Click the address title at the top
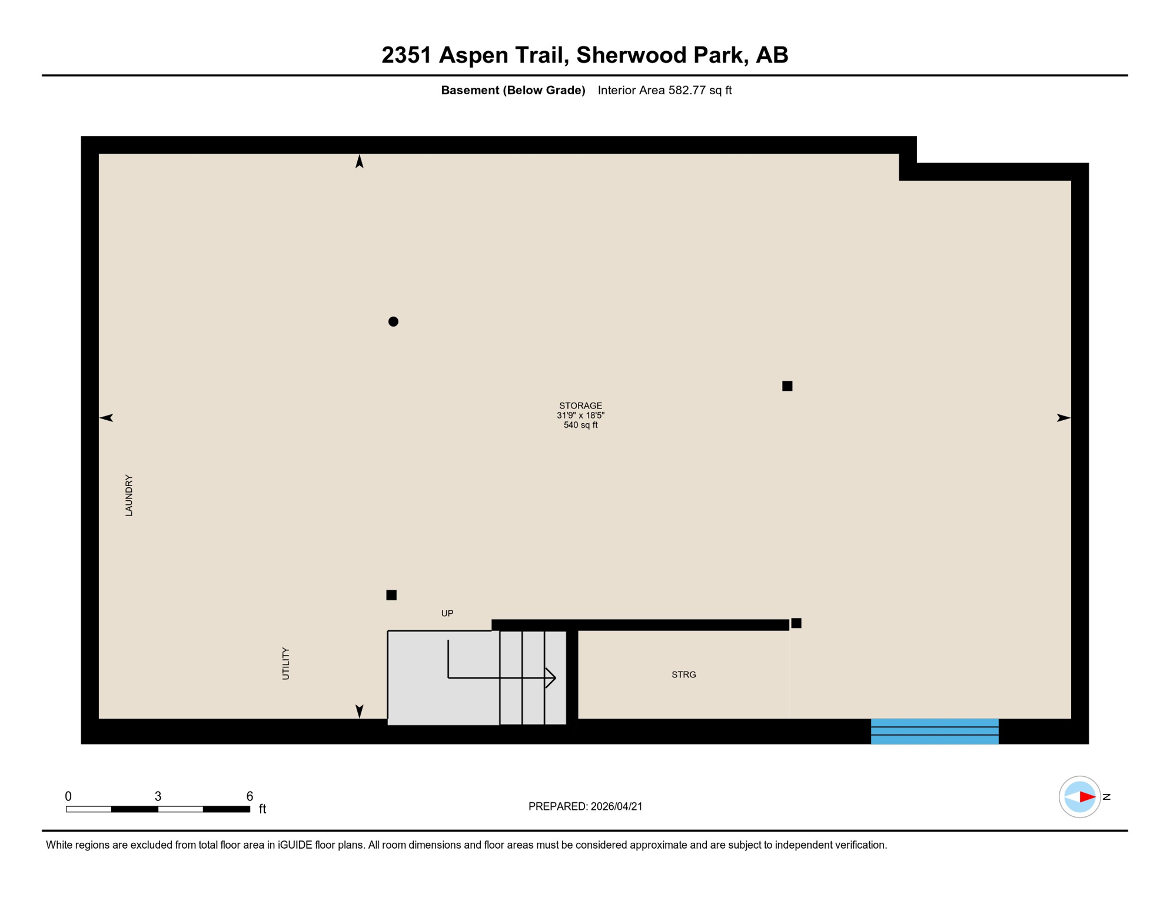point(584,55)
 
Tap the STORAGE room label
point(580,406)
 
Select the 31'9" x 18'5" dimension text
point(580,416)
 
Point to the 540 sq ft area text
point(580,425)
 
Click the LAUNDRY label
point(129,496)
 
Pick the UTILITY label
point(286,663)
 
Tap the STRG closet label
point(683,674)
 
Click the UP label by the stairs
point(447,613)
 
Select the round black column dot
point(393,321)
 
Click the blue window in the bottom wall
point(934,731)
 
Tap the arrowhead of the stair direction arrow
point(551,678)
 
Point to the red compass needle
point(1086,797)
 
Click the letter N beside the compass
point(1106,797)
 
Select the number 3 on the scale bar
point(158,796)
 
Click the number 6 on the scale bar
point(250,796)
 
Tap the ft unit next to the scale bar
point(262,809)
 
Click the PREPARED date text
point(585,806)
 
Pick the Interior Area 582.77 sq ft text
point(664,90)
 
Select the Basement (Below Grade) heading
point(513,90)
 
